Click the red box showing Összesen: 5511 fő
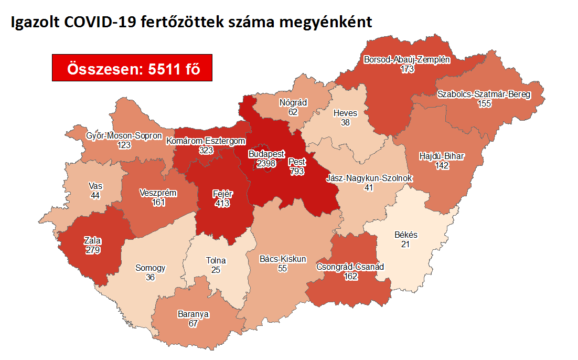pos(132,68)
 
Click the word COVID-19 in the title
pos(104,22)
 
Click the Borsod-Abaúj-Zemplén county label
pos(406,59)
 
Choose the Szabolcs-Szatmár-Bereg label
pos(484,94)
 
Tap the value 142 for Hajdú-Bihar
pos(442,166)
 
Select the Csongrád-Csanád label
pos(350,267)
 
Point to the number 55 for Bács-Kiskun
pos(283,268)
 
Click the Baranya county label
pos(193,314)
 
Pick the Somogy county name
pos(150,268)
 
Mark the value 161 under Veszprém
pos(158,202)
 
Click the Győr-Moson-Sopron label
pos(124,136)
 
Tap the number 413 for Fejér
pos(222,203)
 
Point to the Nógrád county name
pos(293,102)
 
